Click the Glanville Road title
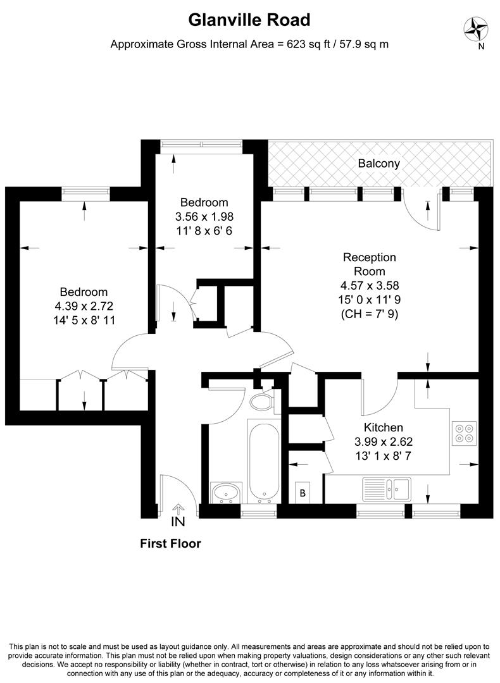pos(250,20)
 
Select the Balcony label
pos(378,163)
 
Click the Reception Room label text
pos(369,264)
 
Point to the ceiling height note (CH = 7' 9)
pos(369,312)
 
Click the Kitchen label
pos(383,428)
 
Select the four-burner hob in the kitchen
pos(464,432)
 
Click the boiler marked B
pos(303,493)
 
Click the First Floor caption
pos(170,543)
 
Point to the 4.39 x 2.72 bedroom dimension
pos(84,306)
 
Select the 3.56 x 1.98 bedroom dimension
pos(204,216)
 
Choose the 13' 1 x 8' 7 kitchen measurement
pos(383,454)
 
